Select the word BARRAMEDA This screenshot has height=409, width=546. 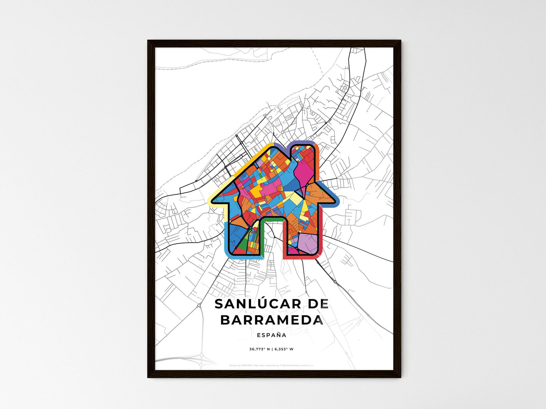271,320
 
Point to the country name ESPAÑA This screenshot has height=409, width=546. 271,335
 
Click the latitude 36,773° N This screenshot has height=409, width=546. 259,349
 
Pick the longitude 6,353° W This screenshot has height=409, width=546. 283,349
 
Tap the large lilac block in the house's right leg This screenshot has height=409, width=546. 309,241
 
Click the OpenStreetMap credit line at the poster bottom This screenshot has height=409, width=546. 271,365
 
